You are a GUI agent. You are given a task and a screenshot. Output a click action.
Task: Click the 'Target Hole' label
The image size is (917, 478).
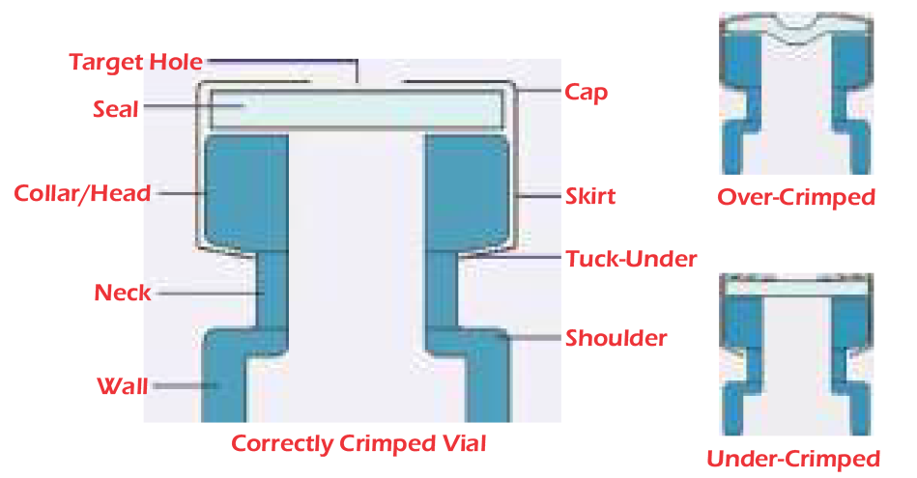(135, 63)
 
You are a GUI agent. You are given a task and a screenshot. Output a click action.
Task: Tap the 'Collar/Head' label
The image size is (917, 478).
(82, 193)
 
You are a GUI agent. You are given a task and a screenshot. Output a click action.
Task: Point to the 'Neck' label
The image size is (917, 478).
(122, 293)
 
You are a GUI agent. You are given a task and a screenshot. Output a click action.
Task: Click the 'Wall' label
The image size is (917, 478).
(122, 387)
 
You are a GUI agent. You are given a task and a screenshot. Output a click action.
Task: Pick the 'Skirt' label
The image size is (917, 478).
(589, 197)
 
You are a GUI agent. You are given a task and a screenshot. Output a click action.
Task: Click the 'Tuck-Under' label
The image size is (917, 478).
(631, 259)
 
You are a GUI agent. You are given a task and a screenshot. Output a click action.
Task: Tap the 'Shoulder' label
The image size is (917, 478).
(616, 338)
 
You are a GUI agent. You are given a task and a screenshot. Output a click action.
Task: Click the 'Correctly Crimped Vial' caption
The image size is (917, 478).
(358, 444)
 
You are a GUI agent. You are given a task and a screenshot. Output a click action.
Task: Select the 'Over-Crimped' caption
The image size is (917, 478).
(795, 198)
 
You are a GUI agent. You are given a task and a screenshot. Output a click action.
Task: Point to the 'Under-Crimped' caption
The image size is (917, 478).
(793, 458)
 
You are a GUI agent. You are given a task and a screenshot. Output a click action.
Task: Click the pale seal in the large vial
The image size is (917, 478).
(358, 109)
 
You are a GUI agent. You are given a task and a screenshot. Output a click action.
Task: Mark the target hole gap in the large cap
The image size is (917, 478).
(357, 83)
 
